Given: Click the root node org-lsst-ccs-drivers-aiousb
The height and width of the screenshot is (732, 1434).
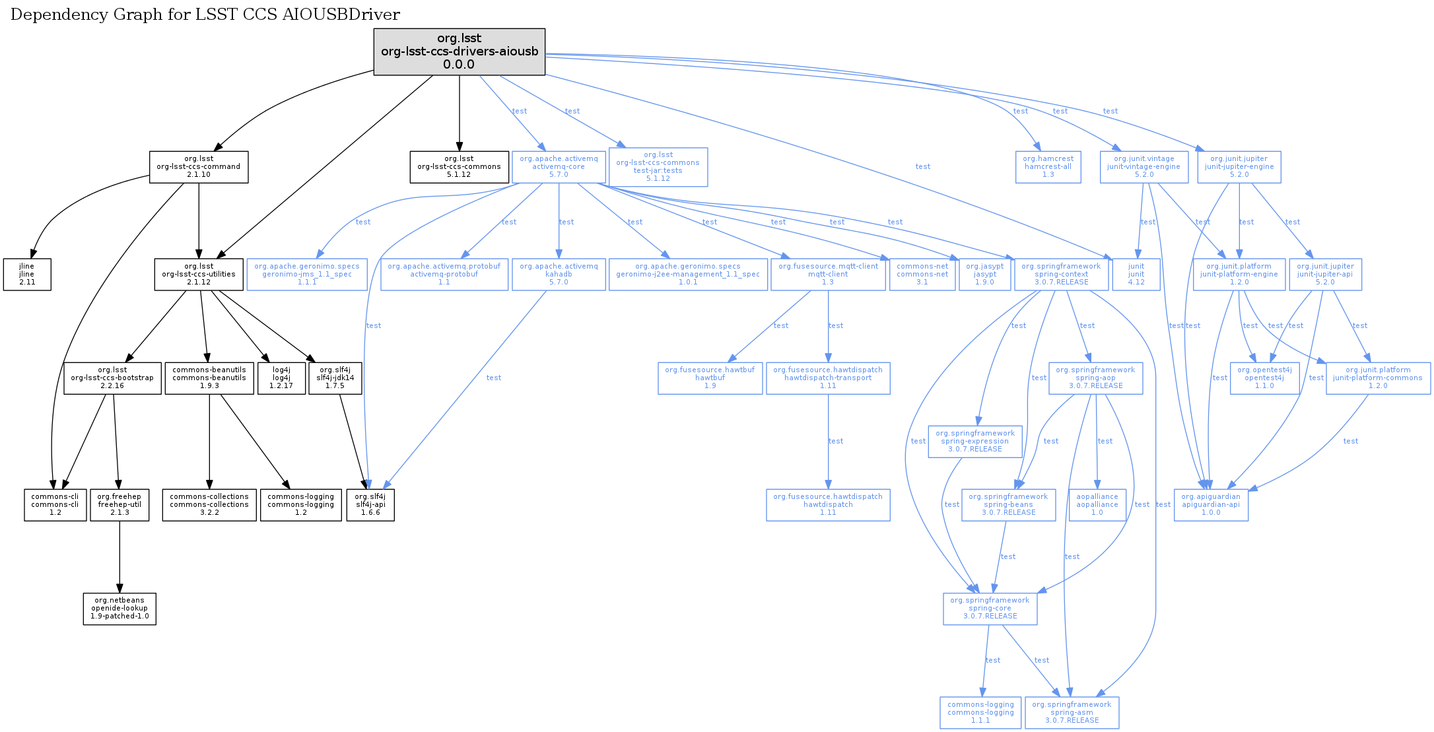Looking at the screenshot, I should pos(459,51).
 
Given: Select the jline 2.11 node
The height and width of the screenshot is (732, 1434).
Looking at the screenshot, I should pos(27,275).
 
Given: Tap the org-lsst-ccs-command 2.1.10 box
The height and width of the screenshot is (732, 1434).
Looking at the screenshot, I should pos(199,167).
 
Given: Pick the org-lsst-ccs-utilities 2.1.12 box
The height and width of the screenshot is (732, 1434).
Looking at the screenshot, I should pos(199,275).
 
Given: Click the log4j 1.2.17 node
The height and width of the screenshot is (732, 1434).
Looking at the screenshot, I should pos(281,378).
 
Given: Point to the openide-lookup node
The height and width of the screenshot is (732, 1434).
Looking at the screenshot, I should pos(119,609).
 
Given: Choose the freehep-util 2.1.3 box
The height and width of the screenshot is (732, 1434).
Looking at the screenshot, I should pos(119,505).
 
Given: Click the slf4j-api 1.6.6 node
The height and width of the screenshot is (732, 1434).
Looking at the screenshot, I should pos(370,505).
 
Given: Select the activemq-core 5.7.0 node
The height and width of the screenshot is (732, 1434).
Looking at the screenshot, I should pos(559,167).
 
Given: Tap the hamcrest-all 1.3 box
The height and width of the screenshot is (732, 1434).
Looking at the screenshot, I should pos(1048,167).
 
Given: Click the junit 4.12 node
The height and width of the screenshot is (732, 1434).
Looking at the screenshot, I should pos(1136,275).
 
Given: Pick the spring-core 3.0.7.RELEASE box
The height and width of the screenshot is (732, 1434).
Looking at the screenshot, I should pos(990,609).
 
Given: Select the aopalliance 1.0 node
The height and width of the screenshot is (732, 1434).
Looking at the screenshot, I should pos(1097,505).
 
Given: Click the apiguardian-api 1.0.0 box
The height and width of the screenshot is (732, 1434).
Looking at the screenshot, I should pos(1211,505).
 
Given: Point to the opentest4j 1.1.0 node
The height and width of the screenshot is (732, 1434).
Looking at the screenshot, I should pos(1264,378).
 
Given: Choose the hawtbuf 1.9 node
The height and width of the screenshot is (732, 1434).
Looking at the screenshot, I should pos(710,378).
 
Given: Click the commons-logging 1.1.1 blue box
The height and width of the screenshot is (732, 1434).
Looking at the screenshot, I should pos(980,713).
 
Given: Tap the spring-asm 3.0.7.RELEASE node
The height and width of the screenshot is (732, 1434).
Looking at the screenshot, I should pos(1072,713).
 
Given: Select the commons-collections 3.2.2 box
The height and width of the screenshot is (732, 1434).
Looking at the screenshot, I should pos(209,505).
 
